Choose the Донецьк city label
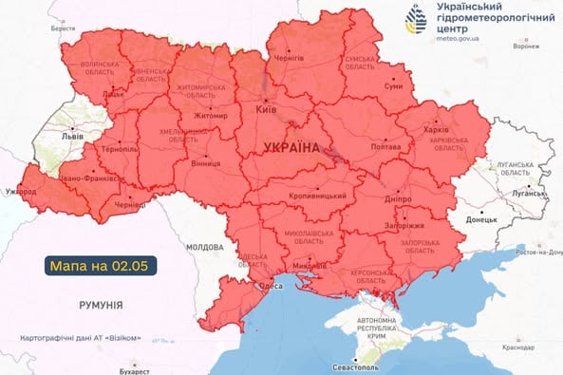click(480, 219)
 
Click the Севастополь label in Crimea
click(354, 366)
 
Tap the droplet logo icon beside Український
click(415, 19)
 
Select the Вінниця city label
click(206, 163)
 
